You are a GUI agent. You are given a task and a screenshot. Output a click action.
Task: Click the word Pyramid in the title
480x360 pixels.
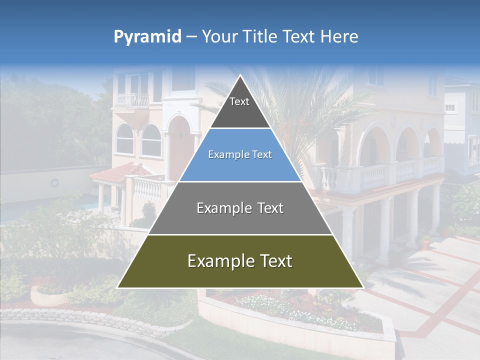[x=147, y=37]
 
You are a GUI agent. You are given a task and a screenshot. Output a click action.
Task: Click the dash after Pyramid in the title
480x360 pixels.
[x=191, y=37]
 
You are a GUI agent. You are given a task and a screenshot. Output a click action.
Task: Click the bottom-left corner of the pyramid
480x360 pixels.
[x=118, y=287]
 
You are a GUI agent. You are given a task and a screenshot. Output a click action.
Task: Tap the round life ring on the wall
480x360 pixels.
[x=54, y=183]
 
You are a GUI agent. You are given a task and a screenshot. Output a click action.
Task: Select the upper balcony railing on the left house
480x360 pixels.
[x=131, y=100]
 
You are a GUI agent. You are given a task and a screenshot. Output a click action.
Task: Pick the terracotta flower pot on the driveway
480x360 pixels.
[x=425, y=244]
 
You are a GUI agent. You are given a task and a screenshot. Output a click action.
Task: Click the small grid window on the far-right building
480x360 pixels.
[x=450, y=107]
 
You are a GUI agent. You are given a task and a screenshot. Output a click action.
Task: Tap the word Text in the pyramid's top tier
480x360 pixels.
[x=239, y=101]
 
